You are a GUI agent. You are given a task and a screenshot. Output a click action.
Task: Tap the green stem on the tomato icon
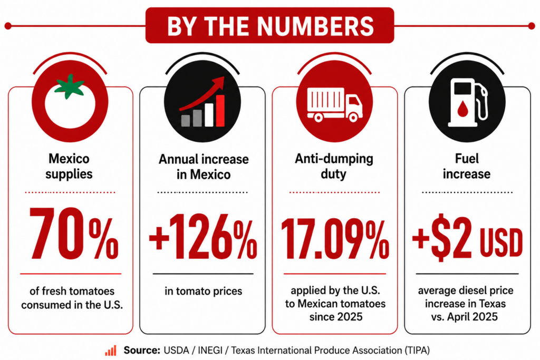(x=70, y=86)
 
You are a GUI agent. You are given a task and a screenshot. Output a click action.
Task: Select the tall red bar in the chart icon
(x=220, y=111)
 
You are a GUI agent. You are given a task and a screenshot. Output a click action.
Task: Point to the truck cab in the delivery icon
(x=354, y=105)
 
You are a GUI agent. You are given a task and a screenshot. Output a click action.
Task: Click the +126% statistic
(x=203, y=237)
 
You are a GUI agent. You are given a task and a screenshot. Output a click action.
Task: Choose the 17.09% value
(x=335, y=239)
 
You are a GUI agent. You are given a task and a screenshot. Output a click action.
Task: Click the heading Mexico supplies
(x=69, y=166)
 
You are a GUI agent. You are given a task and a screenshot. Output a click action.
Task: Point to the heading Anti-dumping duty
(x=334, y=166)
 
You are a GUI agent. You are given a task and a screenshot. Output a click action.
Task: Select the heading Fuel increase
(x=467, y=166)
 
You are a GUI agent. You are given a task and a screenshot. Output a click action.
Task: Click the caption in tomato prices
(x=203, y=291)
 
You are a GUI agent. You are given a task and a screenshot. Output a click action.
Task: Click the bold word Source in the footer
(x=142, y=351)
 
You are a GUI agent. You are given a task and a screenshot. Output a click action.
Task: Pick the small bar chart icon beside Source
(x=111, y=351)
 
